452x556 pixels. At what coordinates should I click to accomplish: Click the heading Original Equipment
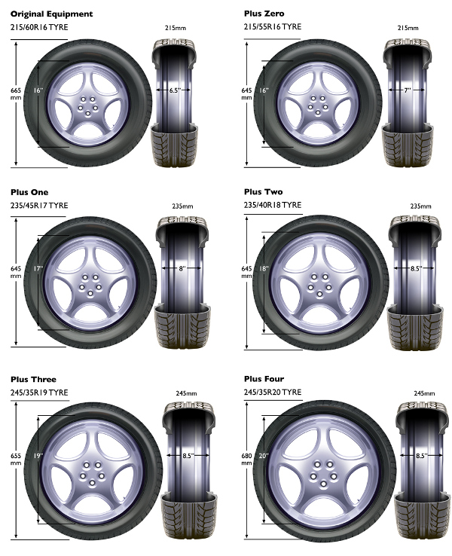click(x=51, y=14)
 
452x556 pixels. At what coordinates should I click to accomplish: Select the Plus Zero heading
click(x=264, y=14)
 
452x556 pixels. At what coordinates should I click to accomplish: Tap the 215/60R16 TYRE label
click(x=39, y=27)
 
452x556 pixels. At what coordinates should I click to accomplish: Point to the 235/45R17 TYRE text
click(x=39, y=206)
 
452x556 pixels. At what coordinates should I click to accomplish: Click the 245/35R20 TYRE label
click(x=273, y=392)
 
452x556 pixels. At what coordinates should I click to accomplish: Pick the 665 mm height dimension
click(x=16, y=94)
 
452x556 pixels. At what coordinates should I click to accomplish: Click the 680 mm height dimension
click(x=246, y=460)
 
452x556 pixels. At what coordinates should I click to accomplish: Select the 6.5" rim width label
click(x=175, y=90)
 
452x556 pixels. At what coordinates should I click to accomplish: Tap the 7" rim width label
click(x=407, y=90)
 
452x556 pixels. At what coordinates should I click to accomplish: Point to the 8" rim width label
click(x=182, y=268)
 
